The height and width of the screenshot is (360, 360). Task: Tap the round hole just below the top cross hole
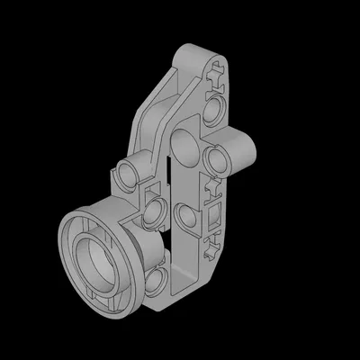coord(216,112)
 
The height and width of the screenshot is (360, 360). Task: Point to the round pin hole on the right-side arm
coord(216,158)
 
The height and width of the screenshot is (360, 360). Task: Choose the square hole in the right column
coord(215,217)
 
